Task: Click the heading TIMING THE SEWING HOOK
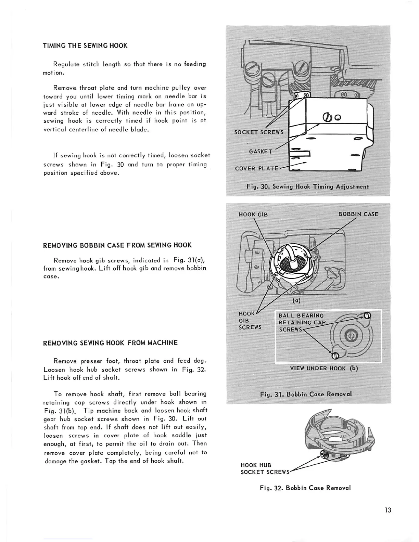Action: (85, 46)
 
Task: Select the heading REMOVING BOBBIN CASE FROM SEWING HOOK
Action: (117, 245)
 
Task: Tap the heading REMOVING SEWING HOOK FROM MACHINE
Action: (110, 343)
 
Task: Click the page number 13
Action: (388, 510)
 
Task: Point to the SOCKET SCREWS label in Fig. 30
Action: (259, 132)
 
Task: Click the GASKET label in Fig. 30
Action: (261, 151)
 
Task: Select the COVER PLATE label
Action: (257, 168)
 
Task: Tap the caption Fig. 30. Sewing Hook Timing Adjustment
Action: (308, 187)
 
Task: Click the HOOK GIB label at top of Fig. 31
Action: (253, 215)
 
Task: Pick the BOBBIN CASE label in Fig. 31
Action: (358, 214)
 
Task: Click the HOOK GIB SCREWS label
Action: (250, 321)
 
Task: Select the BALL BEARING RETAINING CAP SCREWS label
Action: (301, 322)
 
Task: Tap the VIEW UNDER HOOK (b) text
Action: (324, 369)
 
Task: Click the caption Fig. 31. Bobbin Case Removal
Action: (306, 394)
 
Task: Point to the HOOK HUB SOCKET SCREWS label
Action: (265, 469)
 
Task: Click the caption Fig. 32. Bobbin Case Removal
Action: (305, 488)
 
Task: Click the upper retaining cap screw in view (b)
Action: (367, 316)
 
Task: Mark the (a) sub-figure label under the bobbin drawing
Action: (296, 301)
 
